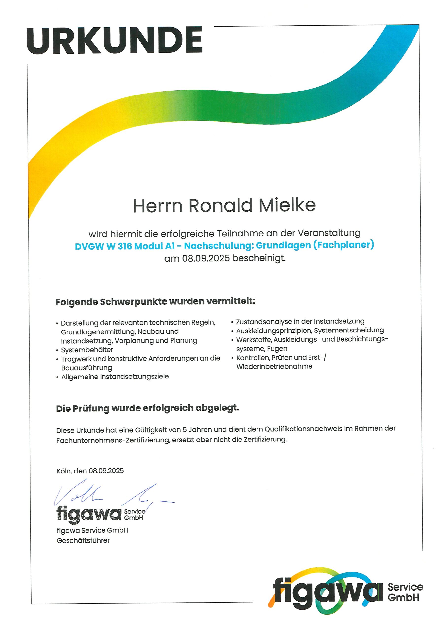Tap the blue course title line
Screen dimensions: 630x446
click(x=224, y=245)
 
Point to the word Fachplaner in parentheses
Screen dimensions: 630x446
click(x=344, y=244)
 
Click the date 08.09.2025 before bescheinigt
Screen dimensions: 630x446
click(x=206, y=258)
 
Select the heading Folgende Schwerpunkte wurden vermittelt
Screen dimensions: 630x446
click(x=155, y=301)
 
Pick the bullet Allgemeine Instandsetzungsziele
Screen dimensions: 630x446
click(x=115, y=377)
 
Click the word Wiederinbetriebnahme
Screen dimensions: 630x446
click(x=274, y=367)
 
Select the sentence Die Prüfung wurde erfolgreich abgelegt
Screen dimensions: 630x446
click(x=148, y=408)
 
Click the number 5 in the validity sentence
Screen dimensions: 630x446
click(x=185, y=430)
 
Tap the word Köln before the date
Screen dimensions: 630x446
click(x=64, y=471)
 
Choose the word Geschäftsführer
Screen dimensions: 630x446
click(x=83, y=541)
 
